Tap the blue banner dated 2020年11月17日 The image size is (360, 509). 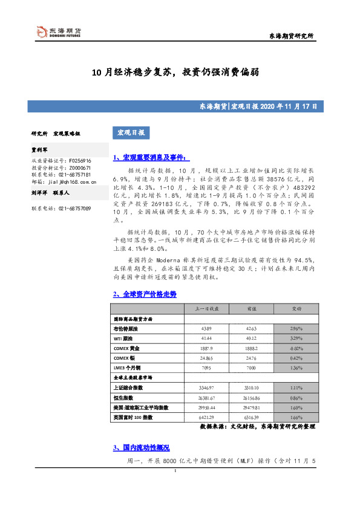(180, 106)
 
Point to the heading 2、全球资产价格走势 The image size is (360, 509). (145, 294)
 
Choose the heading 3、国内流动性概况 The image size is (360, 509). (141, 448)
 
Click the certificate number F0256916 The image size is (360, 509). (74, 161)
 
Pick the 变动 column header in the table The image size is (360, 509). (296, 308)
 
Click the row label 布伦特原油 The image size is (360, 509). (126, 328)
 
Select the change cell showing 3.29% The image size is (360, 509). (296, 338)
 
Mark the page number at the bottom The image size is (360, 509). (174, 488)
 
